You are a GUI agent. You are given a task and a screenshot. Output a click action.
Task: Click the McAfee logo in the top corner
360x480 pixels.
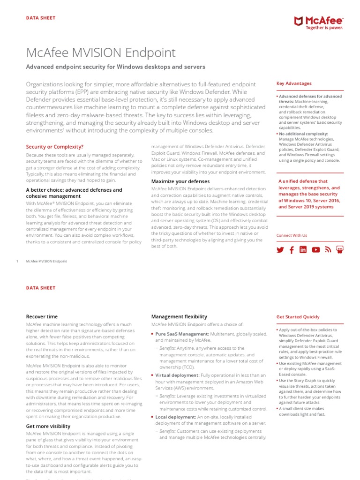click(318, 22)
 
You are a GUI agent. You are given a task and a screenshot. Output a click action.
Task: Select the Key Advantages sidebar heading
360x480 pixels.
click(294, 83)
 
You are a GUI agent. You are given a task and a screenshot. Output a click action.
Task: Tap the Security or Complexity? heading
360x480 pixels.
click(55, 147)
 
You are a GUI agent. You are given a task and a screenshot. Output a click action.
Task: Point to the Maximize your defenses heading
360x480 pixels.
click(180, 181)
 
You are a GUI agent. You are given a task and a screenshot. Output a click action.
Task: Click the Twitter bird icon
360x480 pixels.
click(280, 250)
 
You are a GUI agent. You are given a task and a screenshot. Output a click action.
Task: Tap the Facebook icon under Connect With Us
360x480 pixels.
click(292, 250)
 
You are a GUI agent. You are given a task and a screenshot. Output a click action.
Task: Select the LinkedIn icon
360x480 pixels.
click(303, 250)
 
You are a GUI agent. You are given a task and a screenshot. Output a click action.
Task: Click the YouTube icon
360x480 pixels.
click(316, 250)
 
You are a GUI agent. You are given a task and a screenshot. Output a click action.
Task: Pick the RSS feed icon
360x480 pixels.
click(328, 250)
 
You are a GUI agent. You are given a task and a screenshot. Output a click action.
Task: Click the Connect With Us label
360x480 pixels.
click(292, 235)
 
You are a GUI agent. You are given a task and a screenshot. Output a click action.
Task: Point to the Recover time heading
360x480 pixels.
click(42, 317)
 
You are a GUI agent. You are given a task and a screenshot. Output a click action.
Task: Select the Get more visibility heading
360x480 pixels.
click(48, 426)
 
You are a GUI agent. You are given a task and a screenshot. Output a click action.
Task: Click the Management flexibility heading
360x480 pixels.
click(179, 317)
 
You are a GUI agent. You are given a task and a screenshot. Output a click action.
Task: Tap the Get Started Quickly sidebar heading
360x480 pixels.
click(298, 317)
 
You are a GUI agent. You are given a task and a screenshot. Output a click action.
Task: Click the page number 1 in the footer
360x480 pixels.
click(17, 261)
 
